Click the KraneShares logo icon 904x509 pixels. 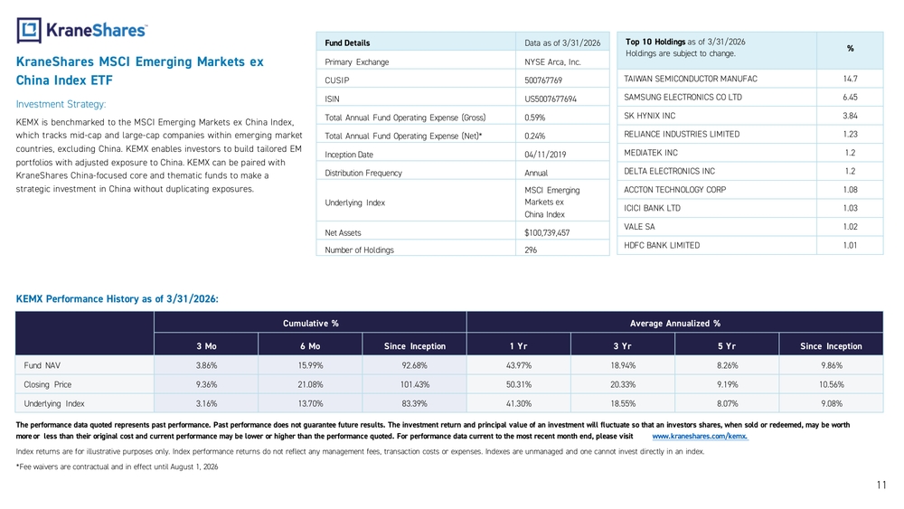click(x=29, y=31)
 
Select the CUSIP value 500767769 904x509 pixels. click(x=543, y=80)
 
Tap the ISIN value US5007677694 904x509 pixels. click(x=550, y=99)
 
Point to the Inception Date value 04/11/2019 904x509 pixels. click(x=545, y=155)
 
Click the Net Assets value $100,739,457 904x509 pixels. click(x=547, y=233)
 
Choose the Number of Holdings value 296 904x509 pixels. click(x=531, y=250)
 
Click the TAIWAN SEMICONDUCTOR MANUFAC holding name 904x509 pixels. click(x=690, y=79)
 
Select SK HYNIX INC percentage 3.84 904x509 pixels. click(x=850, y=116)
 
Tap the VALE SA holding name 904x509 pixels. click(x=639, y=227)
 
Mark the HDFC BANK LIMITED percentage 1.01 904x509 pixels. click(x=850, y=246)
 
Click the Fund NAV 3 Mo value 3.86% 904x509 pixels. click(x=206, y=365)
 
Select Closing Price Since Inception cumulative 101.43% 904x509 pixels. click(x=415, y=384)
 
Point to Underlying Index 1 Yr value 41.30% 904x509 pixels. click(x=518, y=403)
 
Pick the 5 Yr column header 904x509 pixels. click(x=727, y=346)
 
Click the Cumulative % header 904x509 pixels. click(x=310, y=324)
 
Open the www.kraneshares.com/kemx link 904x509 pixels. click(x=700, y=437)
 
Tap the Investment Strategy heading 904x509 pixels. click(x=61, y=104)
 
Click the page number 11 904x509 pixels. click(x=881, y=485)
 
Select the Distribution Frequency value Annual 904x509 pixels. click(x=535, y=173)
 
